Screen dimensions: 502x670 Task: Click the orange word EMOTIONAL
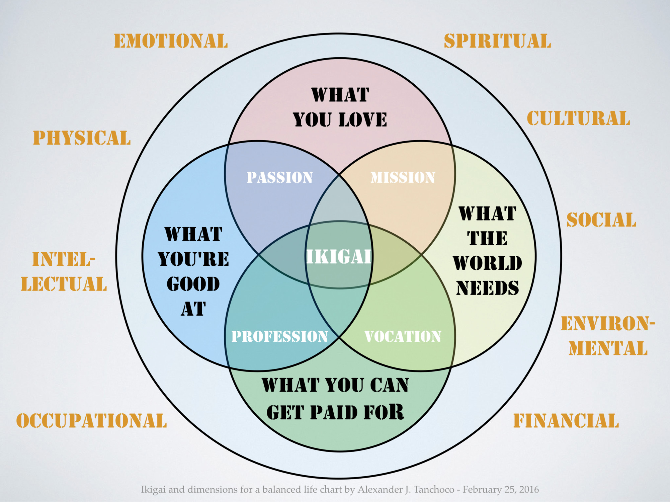coord(171,41)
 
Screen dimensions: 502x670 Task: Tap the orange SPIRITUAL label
coord(497,41)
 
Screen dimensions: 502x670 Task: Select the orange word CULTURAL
coord(578,119)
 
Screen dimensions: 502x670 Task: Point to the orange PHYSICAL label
coord(82,138)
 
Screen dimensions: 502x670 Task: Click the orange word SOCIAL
coord(601,220)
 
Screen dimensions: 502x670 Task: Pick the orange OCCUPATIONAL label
coord(91,421)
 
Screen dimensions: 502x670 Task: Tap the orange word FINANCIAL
coord(566,421)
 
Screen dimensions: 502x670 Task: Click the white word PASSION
coord(280,177)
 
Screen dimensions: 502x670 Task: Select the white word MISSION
coord(403,177)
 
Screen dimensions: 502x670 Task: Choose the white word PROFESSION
coord(280,336)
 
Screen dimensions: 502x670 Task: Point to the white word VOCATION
coord(403,336)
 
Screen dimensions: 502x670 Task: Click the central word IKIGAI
coord(339,257)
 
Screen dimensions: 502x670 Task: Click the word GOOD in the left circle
coord(193,284)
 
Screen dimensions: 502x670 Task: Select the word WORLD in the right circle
coord(487,263)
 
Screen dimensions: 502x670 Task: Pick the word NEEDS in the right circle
coord(487,288)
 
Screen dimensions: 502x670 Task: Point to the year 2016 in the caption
coord(529,490)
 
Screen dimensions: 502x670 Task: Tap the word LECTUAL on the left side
coord(64,284)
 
